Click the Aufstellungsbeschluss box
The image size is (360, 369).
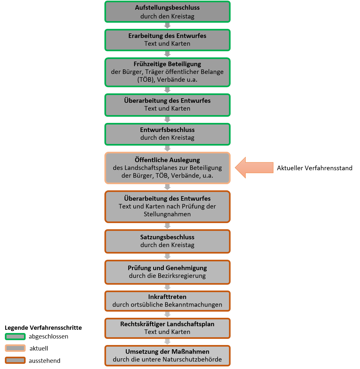click(167, 12)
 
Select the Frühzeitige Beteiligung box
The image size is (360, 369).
click(167, 72)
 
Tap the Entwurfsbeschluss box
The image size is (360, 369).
click(167, 134)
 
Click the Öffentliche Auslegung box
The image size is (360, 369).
click(167, 168)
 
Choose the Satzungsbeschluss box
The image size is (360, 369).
click(167, 241)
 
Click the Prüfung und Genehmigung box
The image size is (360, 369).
click(167, 272)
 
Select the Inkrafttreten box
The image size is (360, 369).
click(167, 301)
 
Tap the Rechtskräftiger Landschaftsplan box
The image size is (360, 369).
click(167, 328)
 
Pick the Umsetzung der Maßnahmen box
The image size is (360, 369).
click(167, 356)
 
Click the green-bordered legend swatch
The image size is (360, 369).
click(15, 337)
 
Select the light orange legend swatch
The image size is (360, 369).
click(15, 348)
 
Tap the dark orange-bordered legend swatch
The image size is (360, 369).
click(15, 360)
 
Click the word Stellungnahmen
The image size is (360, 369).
click(167, 214)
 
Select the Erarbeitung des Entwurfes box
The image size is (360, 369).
click(167, 40)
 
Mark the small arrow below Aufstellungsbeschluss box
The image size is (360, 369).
click(167, 26)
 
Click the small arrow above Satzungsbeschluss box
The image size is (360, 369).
click(167, 226)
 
